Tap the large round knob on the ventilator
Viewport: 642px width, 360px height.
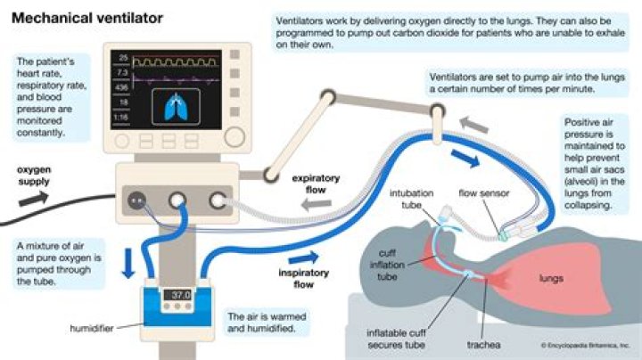pyautogui.click(x=235, y=137)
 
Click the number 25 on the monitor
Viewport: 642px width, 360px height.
pyautogui.click(x=123, y=57)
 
